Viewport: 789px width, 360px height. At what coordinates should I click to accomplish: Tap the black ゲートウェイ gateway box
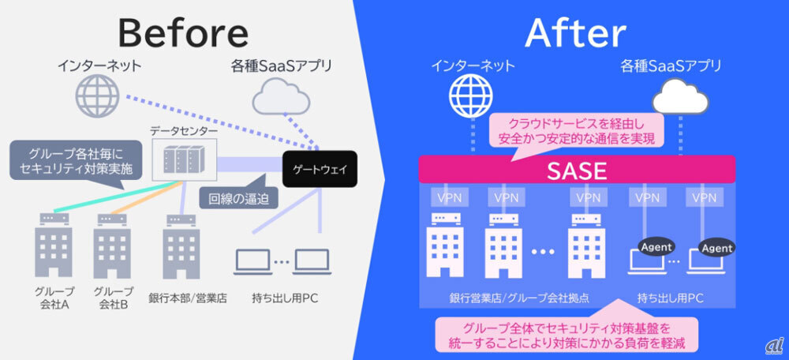pos(320,169)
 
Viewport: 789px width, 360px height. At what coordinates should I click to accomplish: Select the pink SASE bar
pos(577,169)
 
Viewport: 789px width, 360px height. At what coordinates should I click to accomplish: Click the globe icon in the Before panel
pos(97,96)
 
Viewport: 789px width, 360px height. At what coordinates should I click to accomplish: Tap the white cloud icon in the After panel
pos(680,96)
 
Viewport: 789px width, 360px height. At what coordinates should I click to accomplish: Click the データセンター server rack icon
pos(184,159)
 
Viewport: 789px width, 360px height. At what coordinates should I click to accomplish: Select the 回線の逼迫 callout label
pos(239,198)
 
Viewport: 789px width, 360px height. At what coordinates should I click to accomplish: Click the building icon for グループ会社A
pos(54,246)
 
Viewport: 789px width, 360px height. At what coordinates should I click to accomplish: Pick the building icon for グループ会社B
pos(112,246)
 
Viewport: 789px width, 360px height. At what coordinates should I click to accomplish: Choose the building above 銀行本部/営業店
pos(181,246)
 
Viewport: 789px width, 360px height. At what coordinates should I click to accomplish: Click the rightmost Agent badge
pos(717,248)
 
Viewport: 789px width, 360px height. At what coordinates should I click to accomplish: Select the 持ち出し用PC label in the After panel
pos(671,298)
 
